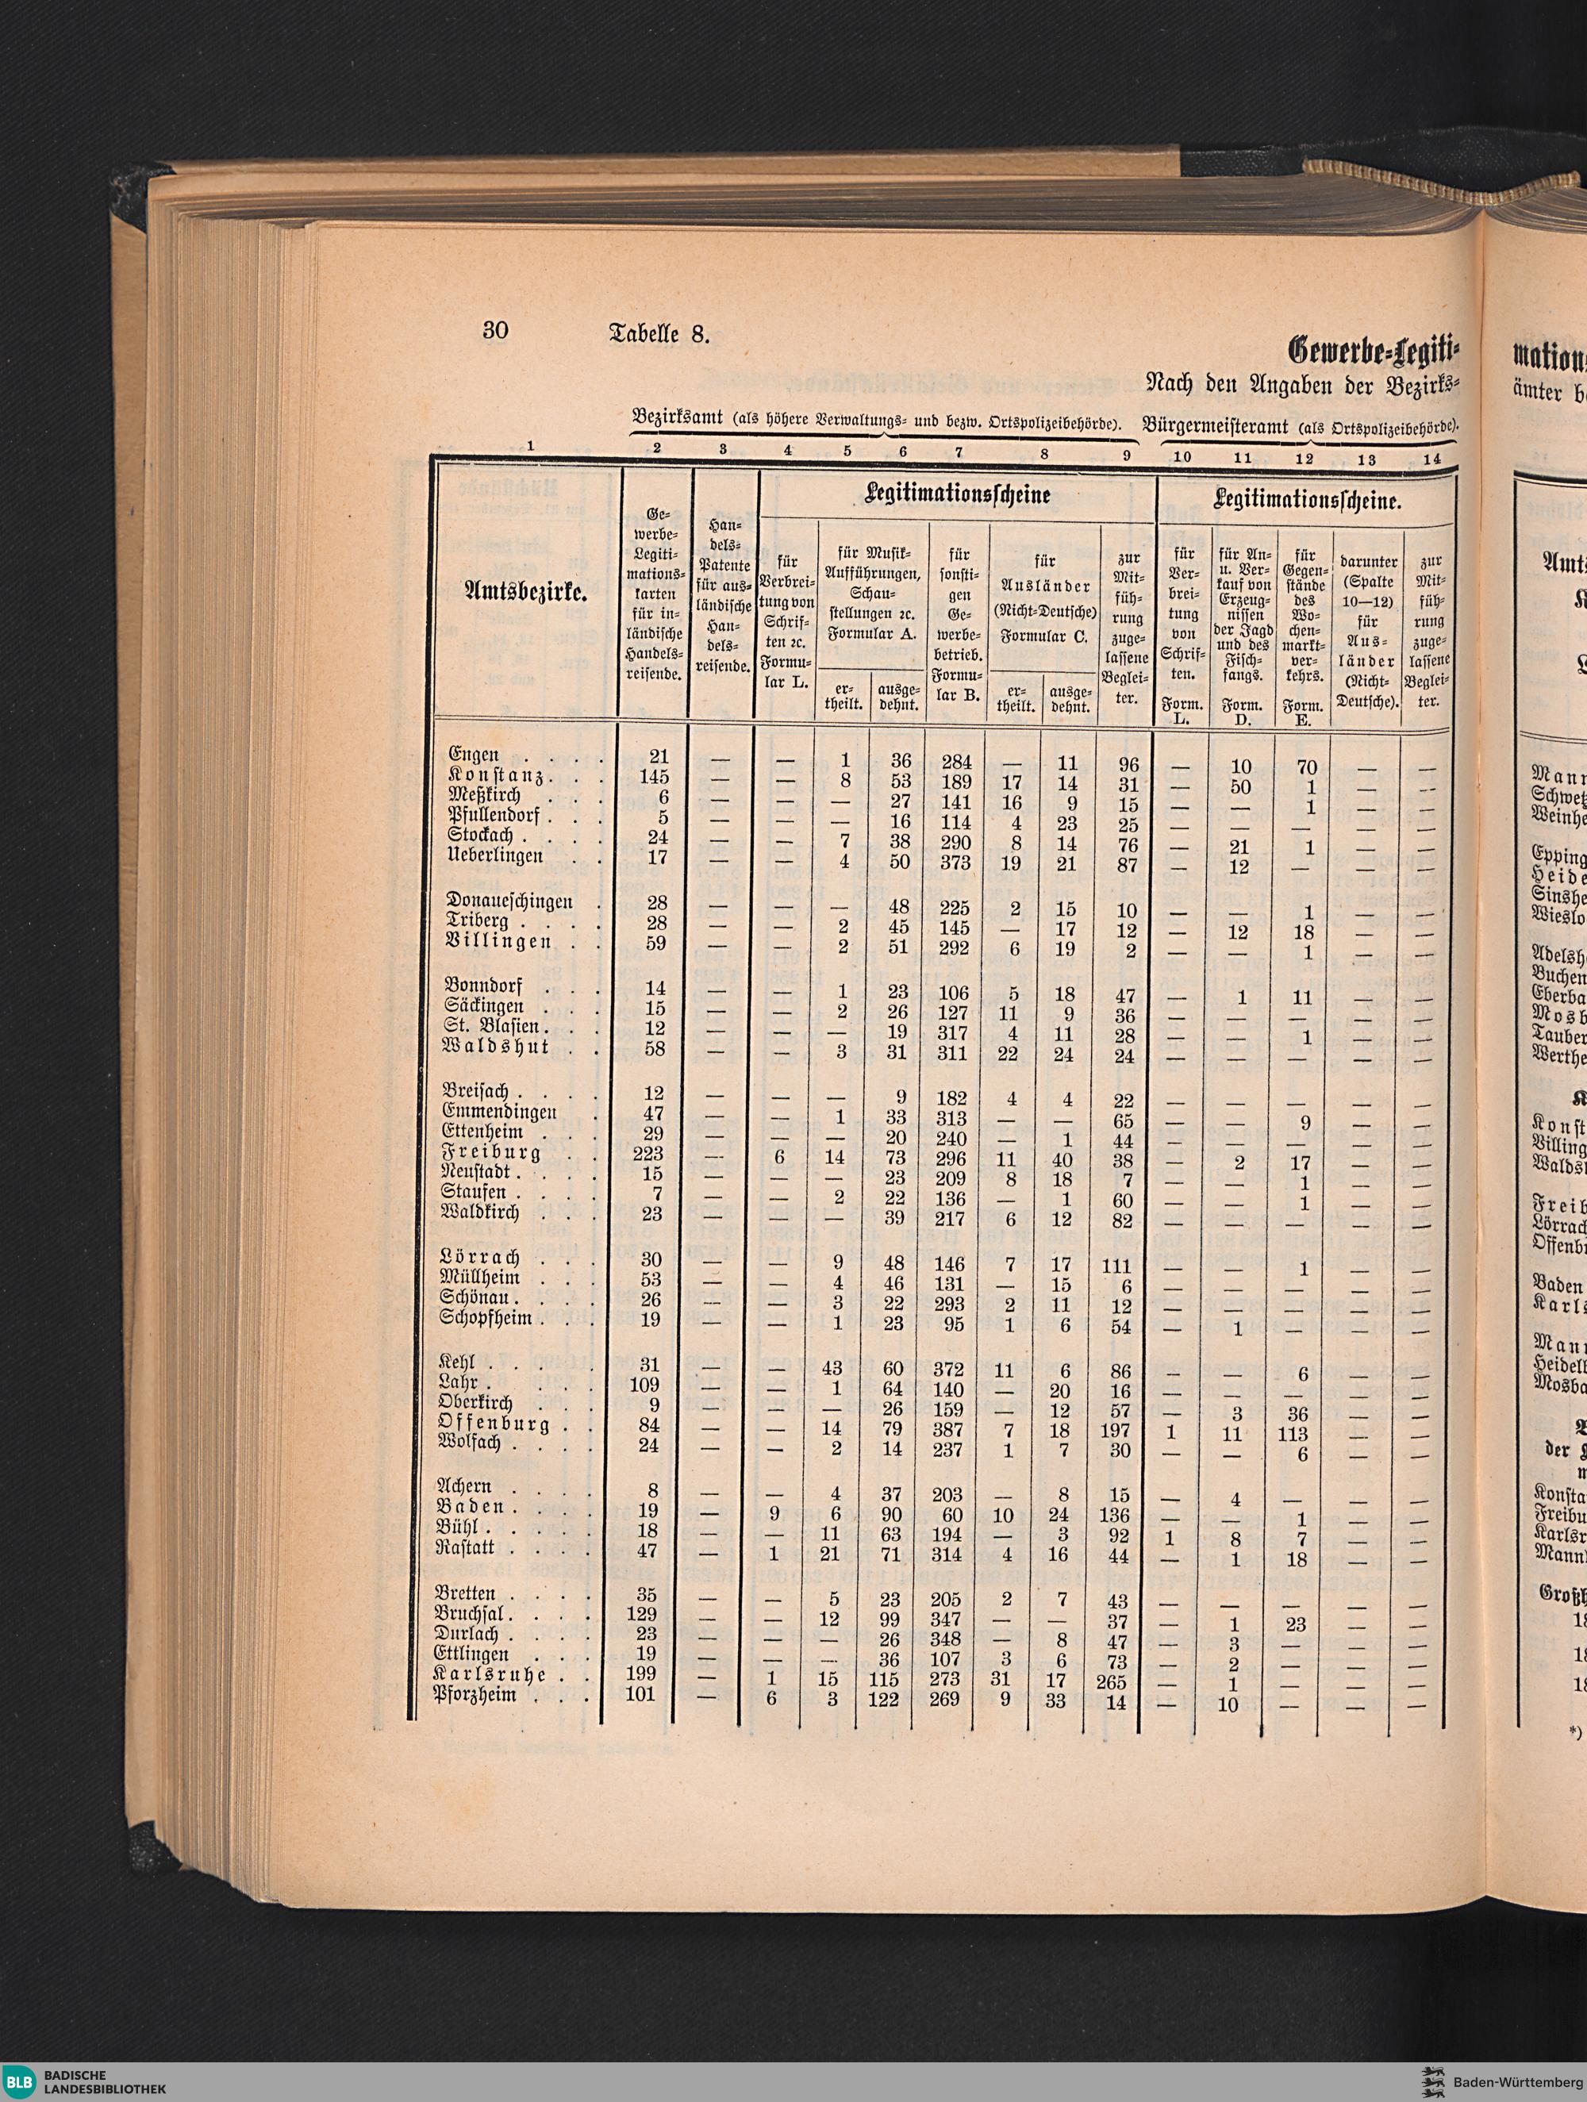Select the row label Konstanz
[495, 776]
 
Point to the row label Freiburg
[491, 1153]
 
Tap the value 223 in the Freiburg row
[652, 1153]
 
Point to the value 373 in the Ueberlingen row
[951, 855]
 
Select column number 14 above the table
[1431, 456]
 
